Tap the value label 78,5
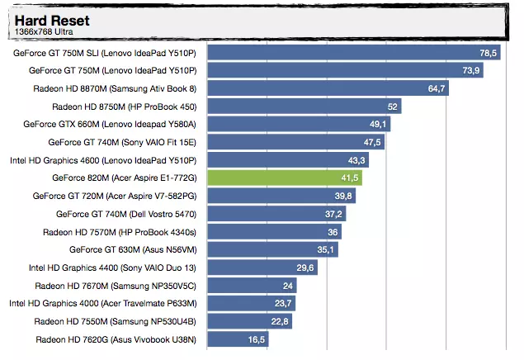point(489,53)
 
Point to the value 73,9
point(471,70)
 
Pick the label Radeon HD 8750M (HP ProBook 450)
point(124,107)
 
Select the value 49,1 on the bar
point(379,124)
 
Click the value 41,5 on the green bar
point(350,178)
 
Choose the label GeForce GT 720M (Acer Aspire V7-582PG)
point(116,197)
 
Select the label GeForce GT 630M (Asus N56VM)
point(133,249)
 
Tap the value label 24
point(288,286)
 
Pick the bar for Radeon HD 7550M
point(248,321)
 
